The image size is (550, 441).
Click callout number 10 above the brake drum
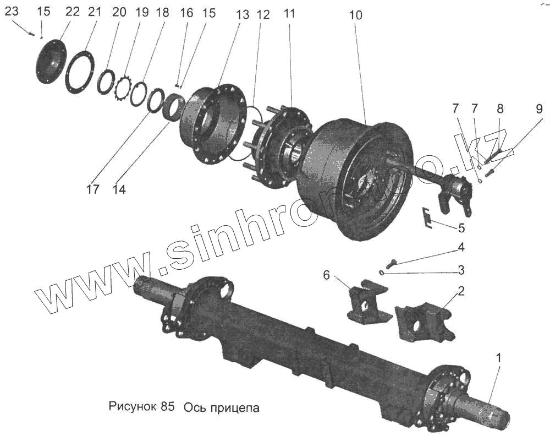coord(355,15)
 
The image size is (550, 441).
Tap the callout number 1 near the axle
coord(499,358)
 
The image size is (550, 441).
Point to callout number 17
coord(92,189)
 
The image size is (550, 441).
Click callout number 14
coord(119,189)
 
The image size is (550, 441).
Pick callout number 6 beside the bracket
coord(327,275)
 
